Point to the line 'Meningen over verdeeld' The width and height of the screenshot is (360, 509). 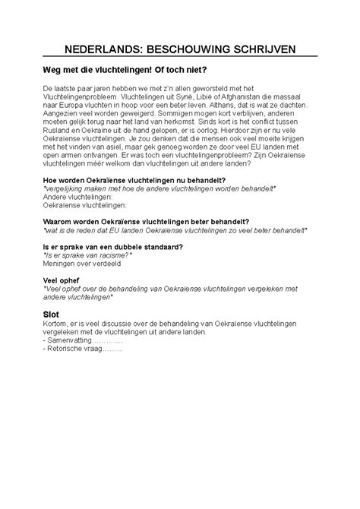pos(81,265)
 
